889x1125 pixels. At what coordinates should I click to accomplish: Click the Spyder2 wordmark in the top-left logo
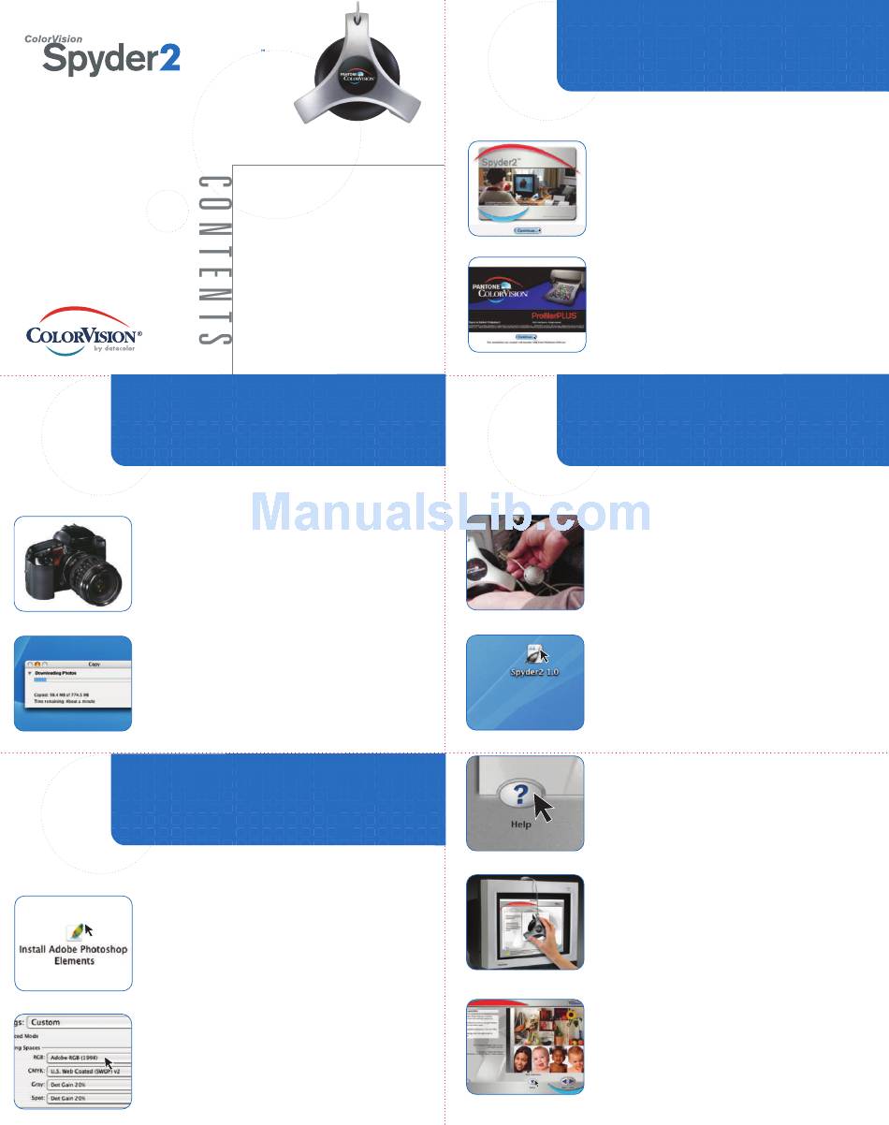tap(111, 59)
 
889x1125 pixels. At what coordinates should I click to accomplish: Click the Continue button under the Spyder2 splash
tap(528, 228)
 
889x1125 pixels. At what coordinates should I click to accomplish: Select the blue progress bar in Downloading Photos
tap(40, 680)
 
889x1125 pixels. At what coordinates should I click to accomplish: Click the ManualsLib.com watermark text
tap(451, 513)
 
